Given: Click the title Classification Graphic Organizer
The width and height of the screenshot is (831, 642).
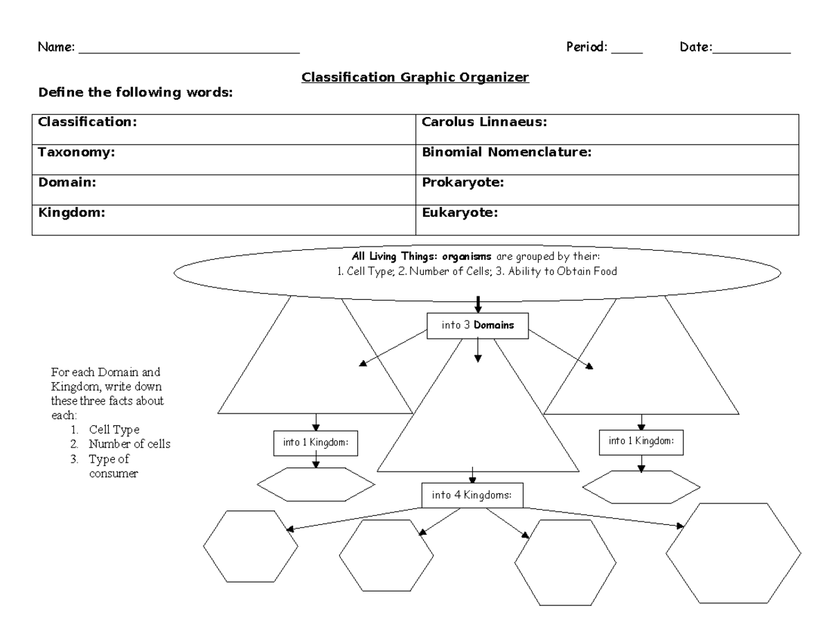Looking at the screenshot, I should pyautogui.click(x=415, y=78).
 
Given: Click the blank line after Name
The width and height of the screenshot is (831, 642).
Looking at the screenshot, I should pyautogui.click(x=190, y=51).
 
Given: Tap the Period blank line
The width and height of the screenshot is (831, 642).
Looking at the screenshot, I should pyautogui.click(x=627, y=51).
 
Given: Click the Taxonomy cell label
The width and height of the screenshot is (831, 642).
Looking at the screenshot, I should pyautogui.click(x=76, y=152).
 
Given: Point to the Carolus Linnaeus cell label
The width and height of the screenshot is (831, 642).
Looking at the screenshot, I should pyautogui.click(x=485, y=122).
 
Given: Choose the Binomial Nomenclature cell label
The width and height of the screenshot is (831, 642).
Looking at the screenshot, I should pyautogui.click(x=506, y=152).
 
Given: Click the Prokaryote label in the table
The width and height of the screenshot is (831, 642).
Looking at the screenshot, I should pyautogui.click(x=463, y=182).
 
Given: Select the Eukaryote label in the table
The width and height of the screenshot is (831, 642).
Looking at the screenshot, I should pyautogui.click(x=460, y=213).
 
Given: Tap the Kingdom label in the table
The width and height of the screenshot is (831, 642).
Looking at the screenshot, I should pyautogui.click(x=71, y=213).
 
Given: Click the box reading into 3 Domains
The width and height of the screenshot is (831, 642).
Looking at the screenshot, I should pyautogui.click(x=477, y=325).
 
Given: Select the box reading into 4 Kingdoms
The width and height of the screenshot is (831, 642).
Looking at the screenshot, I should pyautogui.click(x=472, y=495).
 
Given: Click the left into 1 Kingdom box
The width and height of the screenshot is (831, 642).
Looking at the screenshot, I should pyautogui.click(x=316, y=443).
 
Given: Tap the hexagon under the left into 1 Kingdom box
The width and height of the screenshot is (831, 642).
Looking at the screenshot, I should pyautogui.click(x=316, y=484).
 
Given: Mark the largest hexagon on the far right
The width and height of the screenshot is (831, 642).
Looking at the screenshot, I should pyautogui.click(x=733, y=553).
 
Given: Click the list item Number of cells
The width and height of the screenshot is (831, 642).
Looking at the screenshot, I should pyautogui.click(x=129, y=444).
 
